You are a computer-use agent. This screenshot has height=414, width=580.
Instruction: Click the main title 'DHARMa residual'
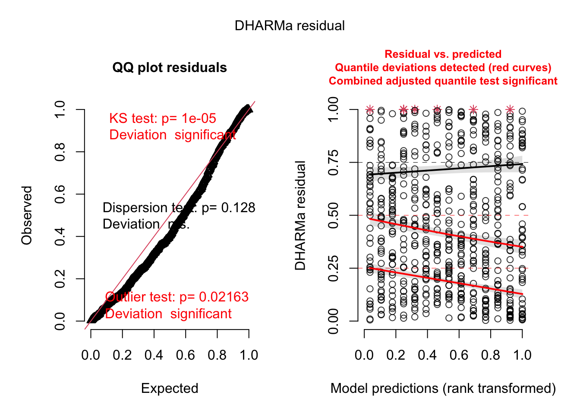[x=290, y=26]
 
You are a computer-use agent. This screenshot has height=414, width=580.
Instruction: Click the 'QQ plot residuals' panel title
[x=170, y=68]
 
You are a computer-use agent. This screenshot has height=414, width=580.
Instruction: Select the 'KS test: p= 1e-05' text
[x=162, y=119]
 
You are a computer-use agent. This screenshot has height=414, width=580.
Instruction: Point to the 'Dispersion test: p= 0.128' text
[x=179, y=208]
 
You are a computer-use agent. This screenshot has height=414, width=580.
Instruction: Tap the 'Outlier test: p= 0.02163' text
[x=177, y=297]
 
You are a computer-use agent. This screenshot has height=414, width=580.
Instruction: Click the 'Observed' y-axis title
[x=27, y=215]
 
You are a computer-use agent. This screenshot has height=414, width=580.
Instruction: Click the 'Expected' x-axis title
[x=170, y=388]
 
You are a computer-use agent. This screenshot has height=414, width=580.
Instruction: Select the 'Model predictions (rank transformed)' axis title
[x=443, y=388]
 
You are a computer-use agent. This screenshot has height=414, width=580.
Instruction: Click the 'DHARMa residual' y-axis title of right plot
[x=300, y=215]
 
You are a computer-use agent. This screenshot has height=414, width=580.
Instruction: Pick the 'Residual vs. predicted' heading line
[x=443, y=54]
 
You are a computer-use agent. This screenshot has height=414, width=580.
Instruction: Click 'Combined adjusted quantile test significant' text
[x=443, y=81]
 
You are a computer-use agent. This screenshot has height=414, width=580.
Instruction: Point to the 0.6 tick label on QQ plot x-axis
[x=186, y=355]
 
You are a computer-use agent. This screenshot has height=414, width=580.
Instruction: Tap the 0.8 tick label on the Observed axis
[x=60, y=152]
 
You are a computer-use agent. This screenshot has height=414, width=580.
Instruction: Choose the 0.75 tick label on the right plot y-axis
[x=333, y=163]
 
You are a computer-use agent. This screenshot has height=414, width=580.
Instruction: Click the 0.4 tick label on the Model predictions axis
[x=427, y=355]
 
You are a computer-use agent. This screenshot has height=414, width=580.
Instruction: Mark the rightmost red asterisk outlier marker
[x=510, y=110]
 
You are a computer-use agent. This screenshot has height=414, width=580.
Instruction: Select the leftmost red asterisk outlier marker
[x=370, y=110]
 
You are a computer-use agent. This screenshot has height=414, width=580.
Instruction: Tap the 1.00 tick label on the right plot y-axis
[x=333, y=110]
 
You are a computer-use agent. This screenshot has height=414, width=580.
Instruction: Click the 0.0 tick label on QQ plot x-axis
[x=91, y=355]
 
